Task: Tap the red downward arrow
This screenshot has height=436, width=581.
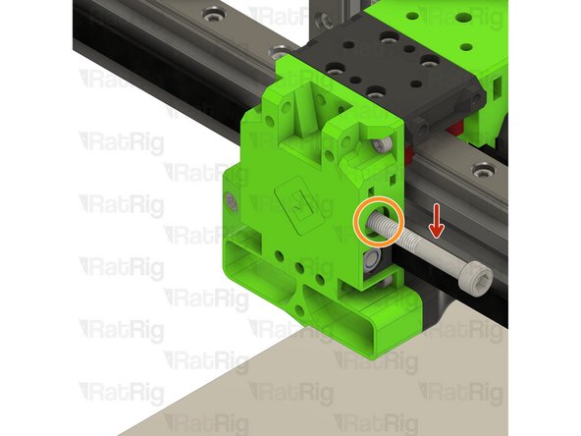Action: coord(436,228)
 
